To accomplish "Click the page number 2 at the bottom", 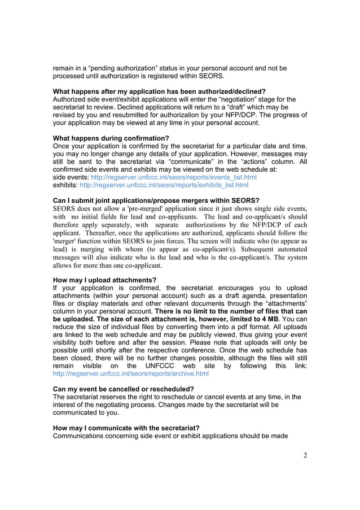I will click(x=305, y=456).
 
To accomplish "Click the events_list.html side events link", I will click(x=173, y=177).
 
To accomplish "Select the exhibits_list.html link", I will click(x=164, y=185).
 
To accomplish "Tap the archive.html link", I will click(x=130, y=373).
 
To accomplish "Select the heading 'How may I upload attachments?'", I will click(x=104, y=280).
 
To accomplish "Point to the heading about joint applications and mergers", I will click(x=156, y=200).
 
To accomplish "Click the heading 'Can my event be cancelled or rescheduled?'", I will click(x=123, y=389).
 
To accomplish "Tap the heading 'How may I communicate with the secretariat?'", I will click(x=126, y=428).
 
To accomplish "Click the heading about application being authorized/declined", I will click(x=159, y=91).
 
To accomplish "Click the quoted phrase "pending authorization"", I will click(x=116, y=68).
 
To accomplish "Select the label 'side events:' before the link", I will click(x=71, y=177).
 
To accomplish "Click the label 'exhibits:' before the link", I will click(x=65, y=185).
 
